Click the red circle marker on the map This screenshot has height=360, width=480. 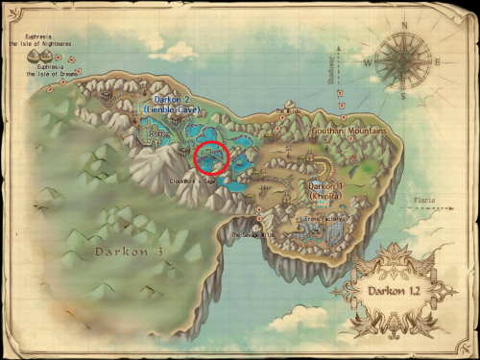click(x=210, y=157)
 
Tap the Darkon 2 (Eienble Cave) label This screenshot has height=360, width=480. click(x=170, y=104)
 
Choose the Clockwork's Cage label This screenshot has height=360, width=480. click(x=189, y=180)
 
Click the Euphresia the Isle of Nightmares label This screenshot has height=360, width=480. click(x=42, y=40)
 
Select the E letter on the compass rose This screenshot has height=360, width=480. click(x=438, y=60)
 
